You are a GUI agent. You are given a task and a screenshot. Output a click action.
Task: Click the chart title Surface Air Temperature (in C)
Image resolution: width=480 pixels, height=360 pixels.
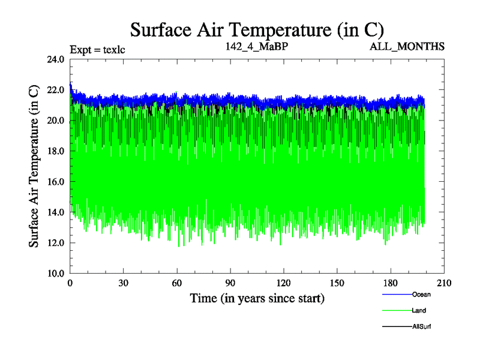pos(257,30)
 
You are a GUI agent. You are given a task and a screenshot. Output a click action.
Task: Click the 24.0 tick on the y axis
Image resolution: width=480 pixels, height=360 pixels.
pos(58,59)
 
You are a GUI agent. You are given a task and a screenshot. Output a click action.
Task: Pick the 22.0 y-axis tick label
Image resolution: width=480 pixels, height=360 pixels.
pos(58,90)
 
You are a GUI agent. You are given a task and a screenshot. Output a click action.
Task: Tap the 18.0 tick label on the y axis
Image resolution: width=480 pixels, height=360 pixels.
pos(58,151)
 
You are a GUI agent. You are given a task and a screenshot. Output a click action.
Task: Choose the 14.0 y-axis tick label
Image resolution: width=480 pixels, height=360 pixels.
pos(58,212)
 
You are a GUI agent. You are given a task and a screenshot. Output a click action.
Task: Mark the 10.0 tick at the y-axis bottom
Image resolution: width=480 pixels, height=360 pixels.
pos(58,273)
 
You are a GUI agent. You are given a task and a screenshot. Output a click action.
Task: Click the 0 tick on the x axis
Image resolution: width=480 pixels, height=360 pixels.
pos(71,283)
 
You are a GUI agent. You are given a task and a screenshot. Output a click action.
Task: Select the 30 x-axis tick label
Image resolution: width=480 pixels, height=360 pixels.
pos(124,283)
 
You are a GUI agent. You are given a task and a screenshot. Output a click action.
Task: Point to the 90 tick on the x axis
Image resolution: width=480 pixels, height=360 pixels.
pos(230,283)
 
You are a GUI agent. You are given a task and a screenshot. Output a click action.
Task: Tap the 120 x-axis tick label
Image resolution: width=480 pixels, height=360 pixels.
pos(284,283)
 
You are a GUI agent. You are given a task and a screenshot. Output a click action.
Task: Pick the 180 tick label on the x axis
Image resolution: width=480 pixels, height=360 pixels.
pos(391,283)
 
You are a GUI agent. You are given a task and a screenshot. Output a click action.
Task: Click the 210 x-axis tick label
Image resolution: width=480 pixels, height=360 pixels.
pos(444,283)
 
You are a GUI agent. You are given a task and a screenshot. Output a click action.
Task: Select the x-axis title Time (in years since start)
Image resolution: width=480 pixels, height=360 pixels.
pos(257,298)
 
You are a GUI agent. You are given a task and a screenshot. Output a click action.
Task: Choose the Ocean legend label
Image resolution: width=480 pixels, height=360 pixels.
pos(421,294)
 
